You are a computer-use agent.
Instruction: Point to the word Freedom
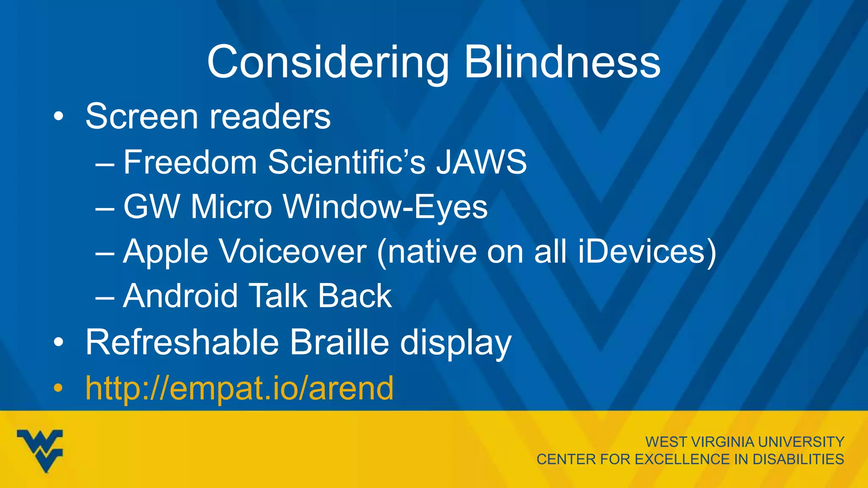click(x=190, y=162)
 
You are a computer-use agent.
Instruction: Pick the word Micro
click(x=231, y=207)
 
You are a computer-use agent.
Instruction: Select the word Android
click(x=181, y=296)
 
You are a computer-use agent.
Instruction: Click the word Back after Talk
click(x=355, y=296)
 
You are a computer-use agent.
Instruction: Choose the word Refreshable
click(x=182, y=342)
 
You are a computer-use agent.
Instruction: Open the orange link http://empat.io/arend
click(x=239, y=388)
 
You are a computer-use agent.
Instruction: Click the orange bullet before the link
click(x=58, y=388)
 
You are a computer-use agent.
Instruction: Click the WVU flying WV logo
click(x=40, y=450)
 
